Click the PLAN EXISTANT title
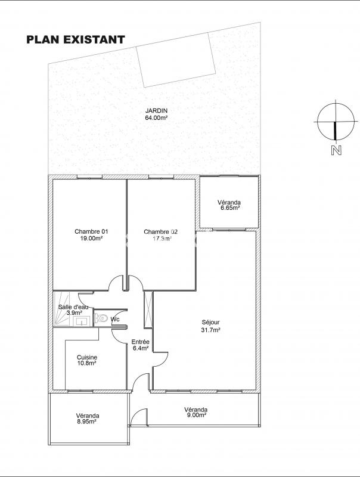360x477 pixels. tap(76, 39)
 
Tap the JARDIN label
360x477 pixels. tap(156, 111)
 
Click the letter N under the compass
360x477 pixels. tap(336, 150)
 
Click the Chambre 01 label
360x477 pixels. tap(91, 231)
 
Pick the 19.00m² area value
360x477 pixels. tap(91, 238)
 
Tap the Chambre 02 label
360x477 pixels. tap(160, 232)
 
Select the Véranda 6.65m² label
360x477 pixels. tap(229, 205)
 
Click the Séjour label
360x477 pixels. tap(210, 322)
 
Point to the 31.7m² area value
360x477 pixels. tap(210, 330)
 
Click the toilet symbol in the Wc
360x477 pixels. tap(101, 318)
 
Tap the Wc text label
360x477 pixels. tap(115, 319)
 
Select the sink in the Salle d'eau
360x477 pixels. tap(82, 321)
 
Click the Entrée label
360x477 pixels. tap(140, 342)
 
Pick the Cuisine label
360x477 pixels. tap(87, 357)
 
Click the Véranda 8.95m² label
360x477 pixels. tap(88, 419)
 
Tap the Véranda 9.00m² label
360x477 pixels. tap(196, 412)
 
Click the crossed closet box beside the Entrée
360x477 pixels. tap(148, 309)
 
